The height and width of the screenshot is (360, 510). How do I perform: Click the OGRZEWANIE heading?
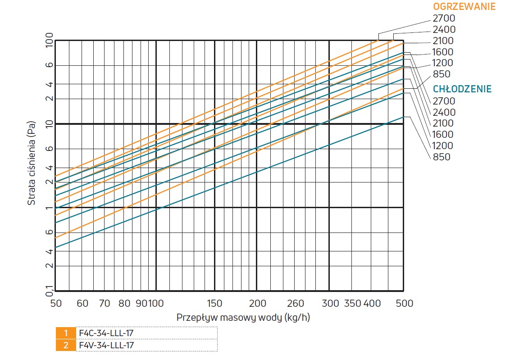tap(464, 7)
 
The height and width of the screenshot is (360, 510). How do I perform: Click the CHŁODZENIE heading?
tap(462, 89)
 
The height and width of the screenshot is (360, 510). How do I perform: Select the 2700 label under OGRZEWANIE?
tap(444, 18)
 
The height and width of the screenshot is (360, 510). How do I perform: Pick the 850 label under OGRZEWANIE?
tap(441, 74)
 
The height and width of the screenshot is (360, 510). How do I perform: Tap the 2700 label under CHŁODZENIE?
tap(444, 101)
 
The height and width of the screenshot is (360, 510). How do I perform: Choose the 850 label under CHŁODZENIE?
tap(441, 157)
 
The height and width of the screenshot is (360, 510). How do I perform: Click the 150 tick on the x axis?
tap(214, 303)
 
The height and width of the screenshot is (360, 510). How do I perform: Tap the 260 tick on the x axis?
tap(296, 303)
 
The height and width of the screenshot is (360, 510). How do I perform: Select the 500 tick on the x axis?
tap(404, 303)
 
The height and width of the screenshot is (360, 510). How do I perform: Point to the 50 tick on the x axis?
tap(56, 303)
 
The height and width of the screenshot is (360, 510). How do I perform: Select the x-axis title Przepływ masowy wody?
tap(243, 317)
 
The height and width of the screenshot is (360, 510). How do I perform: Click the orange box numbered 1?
tap(66, 333)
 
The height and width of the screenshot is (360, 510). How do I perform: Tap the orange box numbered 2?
tap(66, 345)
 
